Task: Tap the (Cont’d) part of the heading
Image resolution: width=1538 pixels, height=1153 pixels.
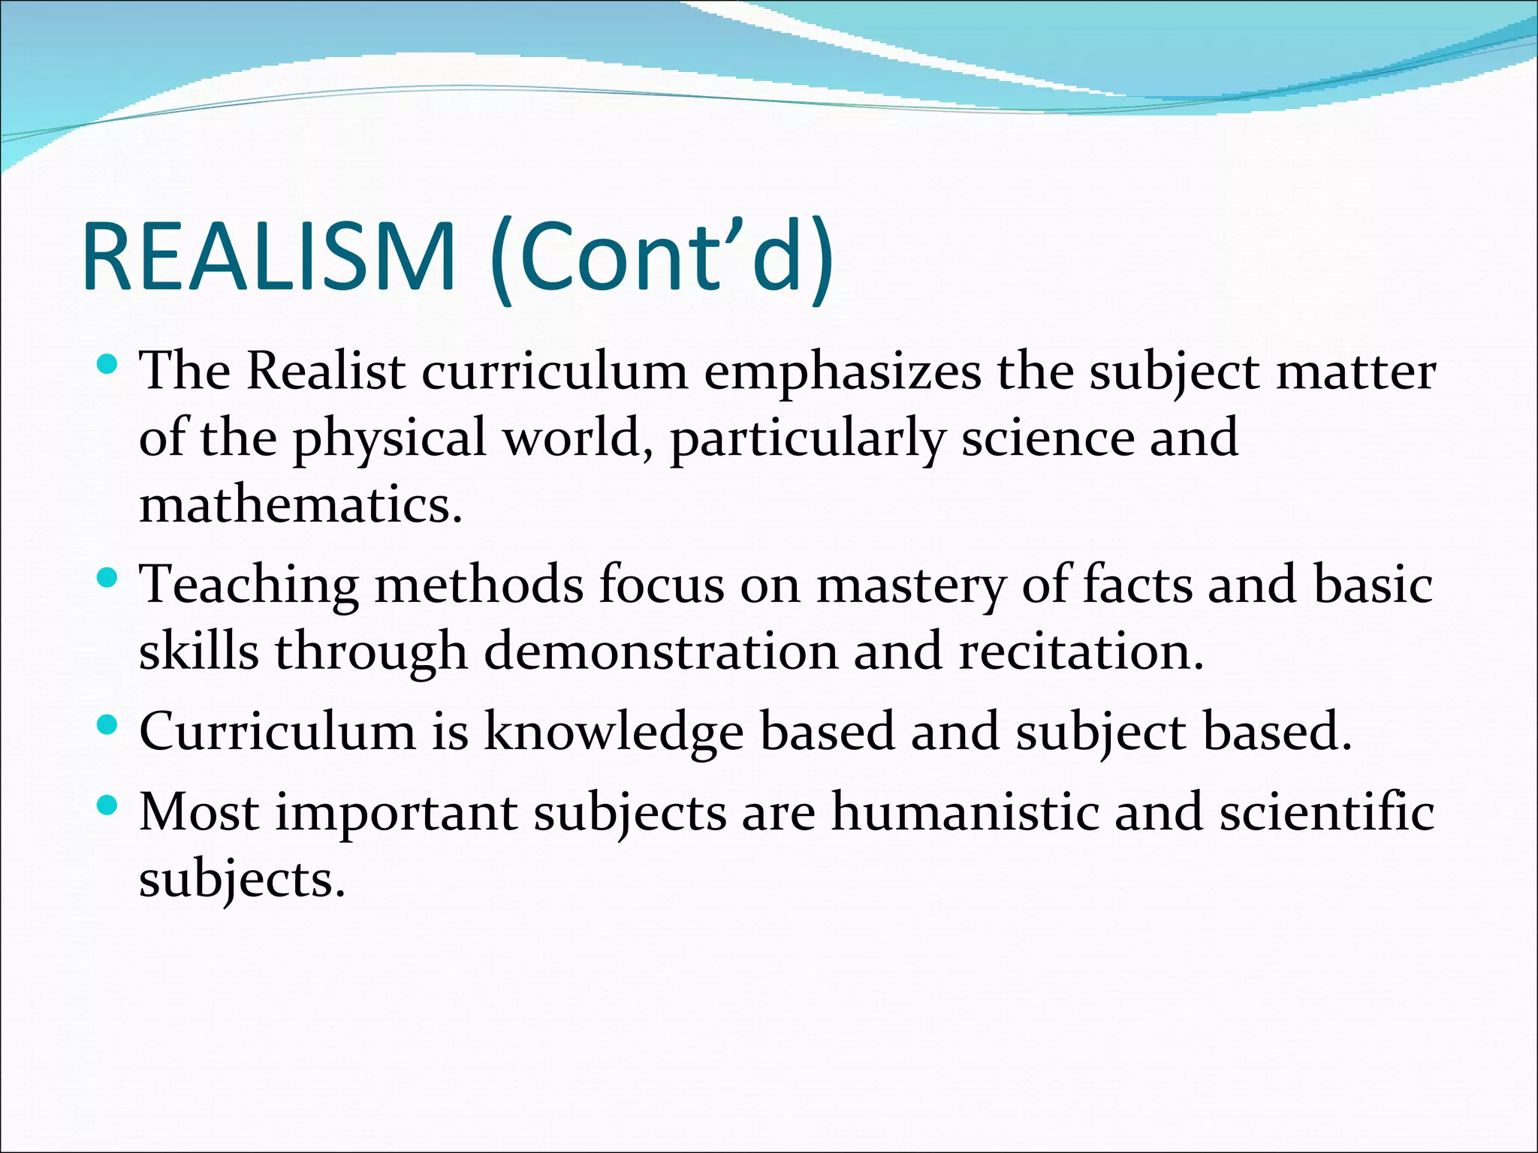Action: click(x=661, y=257)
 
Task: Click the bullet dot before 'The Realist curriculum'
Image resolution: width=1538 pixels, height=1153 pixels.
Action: click(x=108, y=366)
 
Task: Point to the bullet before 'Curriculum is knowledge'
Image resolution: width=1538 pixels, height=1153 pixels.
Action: click(x=108, y=725)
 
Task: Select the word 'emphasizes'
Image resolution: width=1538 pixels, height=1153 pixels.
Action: click(x=841, y=373)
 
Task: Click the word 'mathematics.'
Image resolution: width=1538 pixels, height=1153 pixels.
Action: click(x=300, y=504)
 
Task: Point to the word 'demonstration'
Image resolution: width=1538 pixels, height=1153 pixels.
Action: click(x=660, y=651)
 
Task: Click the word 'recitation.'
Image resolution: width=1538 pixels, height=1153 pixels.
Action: click(x=1081, y=651)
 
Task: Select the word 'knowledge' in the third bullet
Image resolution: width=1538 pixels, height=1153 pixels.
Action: click(x=613, y=732)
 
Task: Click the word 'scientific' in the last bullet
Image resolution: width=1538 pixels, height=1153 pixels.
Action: click(x=1326, y=812)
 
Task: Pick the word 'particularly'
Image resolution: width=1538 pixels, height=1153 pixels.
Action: click(x=807, y=439)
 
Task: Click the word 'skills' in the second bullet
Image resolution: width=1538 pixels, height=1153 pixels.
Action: click(x=199, y=651)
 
